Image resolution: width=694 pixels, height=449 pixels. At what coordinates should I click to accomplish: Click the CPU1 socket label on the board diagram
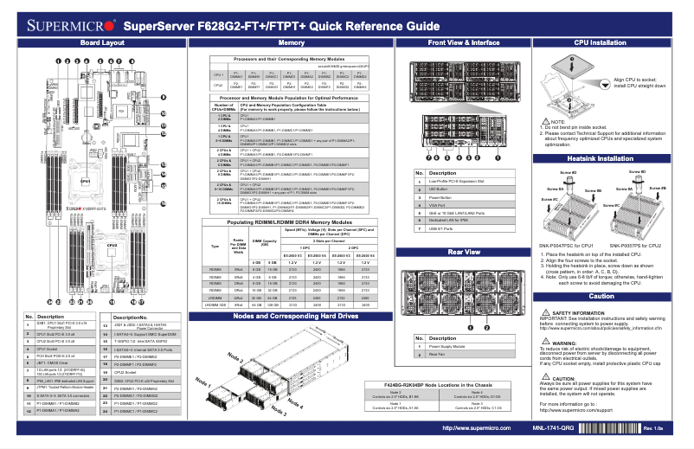[x=86, y=181]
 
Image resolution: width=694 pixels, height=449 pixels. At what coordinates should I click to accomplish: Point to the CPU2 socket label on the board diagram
[x=112, y=245]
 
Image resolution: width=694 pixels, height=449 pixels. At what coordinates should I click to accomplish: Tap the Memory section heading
[x=292, y=42]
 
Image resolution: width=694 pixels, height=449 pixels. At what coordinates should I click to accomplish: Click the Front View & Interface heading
[x=463, y=42]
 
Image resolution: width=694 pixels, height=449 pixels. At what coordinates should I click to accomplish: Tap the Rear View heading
[x=463, y=251]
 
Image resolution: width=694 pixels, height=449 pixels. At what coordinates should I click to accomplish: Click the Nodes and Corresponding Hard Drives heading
[x=292, y=317]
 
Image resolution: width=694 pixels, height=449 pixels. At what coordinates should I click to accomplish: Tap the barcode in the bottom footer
[x=606, y=428]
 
